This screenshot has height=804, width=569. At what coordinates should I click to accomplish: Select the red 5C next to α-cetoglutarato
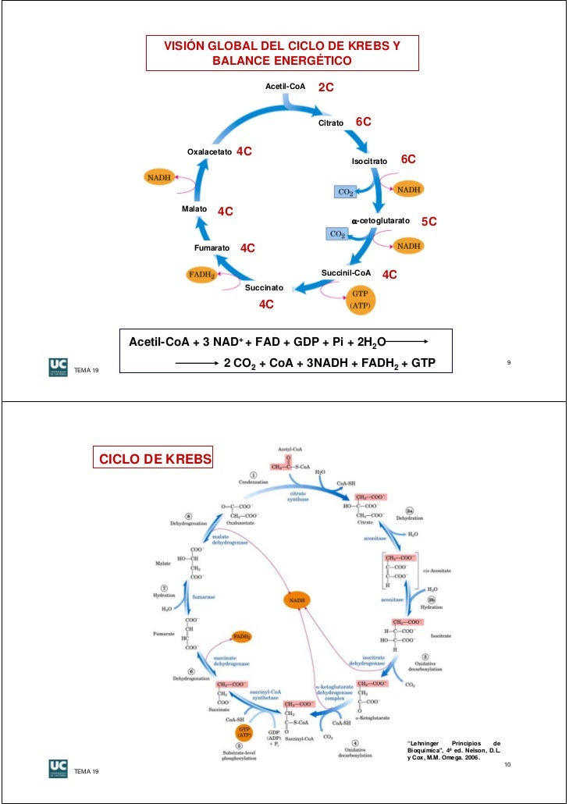(429, 222)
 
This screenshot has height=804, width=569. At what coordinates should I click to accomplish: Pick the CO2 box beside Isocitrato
(345, 191)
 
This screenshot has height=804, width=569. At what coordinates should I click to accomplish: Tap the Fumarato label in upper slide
(212, 247)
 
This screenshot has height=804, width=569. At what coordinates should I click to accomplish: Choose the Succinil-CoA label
(346, 272)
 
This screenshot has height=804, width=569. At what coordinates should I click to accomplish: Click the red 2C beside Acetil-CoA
(325, 88)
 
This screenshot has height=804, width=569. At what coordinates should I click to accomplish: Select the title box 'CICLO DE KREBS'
(153, 457)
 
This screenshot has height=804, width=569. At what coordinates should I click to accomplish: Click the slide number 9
(508, 363)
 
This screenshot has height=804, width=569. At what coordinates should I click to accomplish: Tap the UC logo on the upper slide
(57, 367)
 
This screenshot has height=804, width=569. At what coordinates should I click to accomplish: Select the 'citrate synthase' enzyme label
(298, 497)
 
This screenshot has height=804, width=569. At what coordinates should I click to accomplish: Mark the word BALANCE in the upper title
(240, 61)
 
